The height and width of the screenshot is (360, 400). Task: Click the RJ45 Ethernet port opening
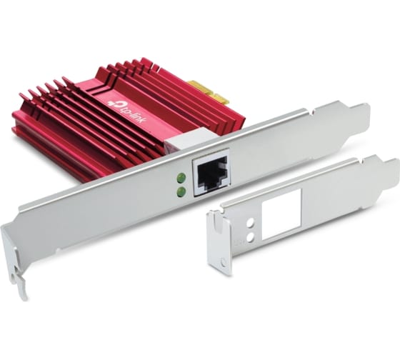[211, 174]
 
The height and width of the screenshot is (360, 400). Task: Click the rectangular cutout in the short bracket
[281, 214]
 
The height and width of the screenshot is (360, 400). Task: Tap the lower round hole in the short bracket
[251, 238]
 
